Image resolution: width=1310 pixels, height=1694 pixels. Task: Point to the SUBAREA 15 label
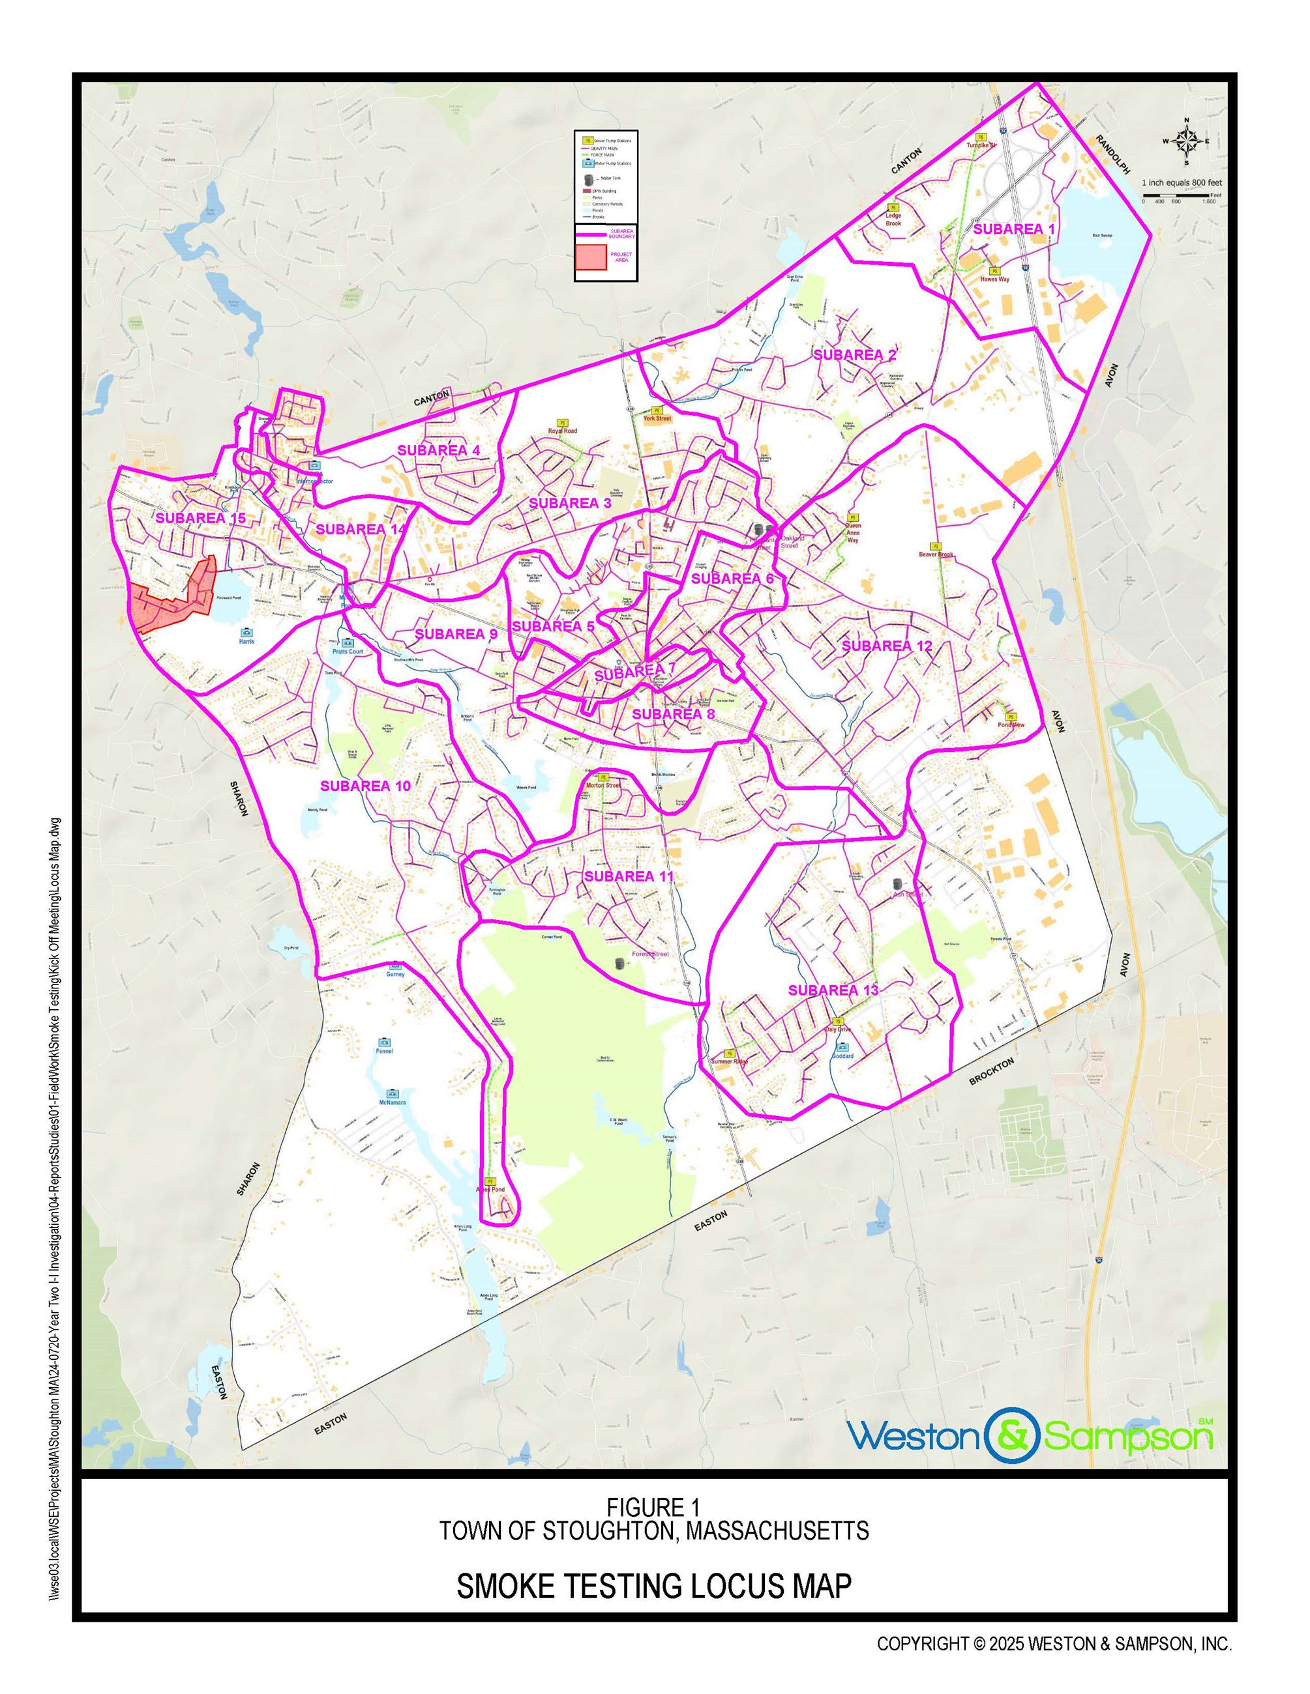200,517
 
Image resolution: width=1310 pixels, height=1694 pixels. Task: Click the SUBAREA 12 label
886,645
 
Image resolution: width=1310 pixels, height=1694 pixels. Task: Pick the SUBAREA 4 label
438,450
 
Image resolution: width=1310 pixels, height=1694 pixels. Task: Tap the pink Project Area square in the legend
591,257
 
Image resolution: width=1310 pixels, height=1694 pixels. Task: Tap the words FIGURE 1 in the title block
653,1507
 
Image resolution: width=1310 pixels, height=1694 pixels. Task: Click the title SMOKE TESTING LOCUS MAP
653,1586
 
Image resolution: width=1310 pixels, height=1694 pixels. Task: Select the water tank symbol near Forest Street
619,964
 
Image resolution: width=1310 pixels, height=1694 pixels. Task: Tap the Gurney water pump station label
395,974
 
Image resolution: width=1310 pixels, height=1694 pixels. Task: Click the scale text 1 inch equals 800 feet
1181,182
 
